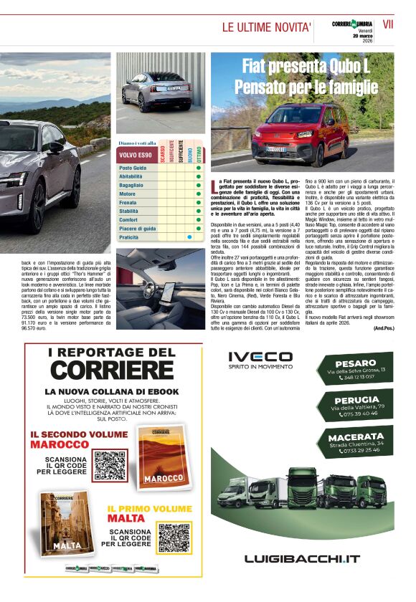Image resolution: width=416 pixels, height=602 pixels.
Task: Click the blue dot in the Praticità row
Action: point(189,236)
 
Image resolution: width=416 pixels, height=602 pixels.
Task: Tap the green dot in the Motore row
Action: point(197,193)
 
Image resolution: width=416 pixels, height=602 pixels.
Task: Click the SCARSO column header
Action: point(164,153)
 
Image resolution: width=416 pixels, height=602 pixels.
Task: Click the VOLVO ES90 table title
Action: point(136,155)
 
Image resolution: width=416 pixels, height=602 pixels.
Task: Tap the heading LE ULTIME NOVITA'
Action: point(266,28)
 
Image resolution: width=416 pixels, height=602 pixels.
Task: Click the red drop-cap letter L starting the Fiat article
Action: point(214,187)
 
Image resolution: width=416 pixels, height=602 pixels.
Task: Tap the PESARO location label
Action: point(356,363)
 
